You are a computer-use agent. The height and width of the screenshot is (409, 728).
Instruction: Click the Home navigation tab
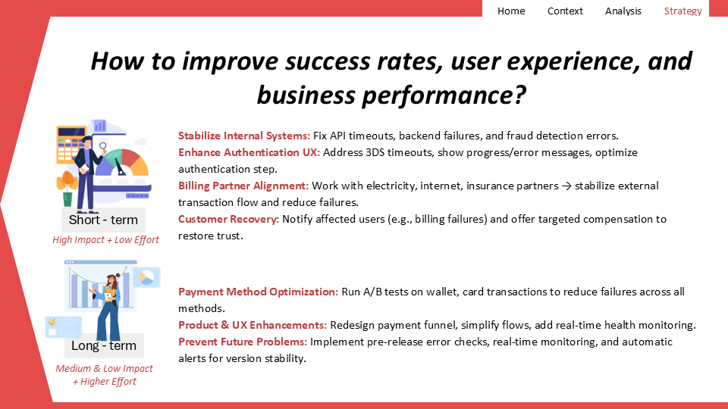click(511, 11)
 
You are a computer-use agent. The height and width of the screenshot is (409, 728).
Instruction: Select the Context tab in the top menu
click(565, 11)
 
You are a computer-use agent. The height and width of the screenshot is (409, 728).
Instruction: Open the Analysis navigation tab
click(623, 11)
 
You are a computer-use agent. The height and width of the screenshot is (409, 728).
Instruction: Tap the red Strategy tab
click(682, 11)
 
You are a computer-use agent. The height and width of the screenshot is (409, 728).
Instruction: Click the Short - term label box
click(104, 220)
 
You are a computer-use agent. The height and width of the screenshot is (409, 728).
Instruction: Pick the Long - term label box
click(104, 345)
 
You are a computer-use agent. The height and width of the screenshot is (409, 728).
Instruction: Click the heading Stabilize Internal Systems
click(244, 136)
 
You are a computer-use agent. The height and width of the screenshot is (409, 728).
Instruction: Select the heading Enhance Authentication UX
click(249, 152)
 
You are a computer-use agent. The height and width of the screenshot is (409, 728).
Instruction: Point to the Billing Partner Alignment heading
click(243, 186)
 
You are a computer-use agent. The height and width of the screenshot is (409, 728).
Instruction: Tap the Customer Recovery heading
click(228, 219)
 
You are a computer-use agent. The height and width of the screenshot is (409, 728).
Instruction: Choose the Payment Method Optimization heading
click(258, 292)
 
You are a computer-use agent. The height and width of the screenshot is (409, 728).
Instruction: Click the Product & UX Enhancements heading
click(253, 325)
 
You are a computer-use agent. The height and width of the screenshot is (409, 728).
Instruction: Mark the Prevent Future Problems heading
click(243, 342)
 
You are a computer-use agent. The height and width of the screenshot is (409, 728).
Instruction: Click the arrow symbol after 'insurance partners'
click(566, 186)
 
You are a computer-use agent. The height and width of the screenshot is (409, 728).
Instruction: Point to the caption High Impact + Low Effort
click(105, 240)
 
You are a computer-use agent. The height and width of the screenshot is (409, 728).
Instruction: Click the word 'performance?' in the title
click(444, 95)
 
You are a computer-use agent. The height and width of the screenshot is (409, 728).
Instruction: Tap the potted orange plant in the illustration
click(67, 189)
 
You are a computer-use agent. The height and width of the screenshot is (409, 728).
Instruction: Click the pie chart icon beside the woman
click(146, 277)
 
